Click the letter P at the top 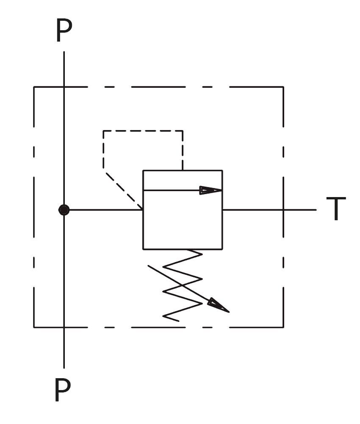click(64, 30)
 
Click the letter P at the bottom click(63, 390)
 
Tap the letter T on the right click(336, 209)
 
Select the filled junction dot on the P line click(64, 210)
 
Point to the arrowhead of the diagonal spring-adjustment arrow click(219, 305)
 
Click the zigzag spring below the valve click(183, 285)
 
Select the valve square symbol click(183, 210)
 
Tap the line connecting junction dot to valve click(106, 209)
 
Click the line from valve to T click(269, 209)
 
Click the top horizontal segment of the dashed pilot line click(143, 131)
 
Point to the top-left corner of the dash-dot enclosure click(34, 87)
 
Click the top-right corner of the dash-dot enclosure click(283, 87)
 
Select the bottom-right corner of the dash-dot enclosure click(283, 327)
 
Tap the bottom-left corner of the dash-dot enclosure click(34, 327)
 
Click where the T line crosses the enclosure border click(283, 209)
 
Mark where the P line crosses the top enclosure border click(64, 87)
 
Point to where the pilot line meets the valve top click(183, 170)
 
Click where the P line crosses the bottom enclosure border click(64, 327)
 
